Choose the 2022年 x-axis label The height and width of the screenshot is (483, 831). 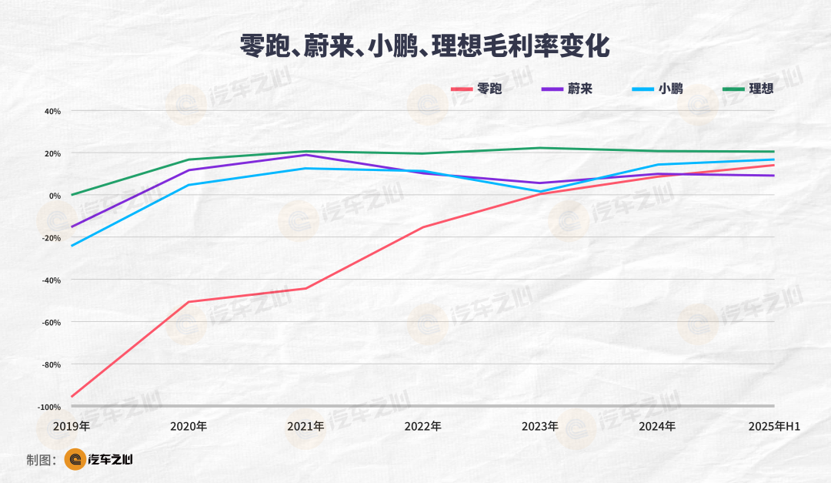[x=422, y=426]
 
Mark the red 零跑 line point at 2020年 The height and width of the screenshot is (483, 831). [x=189, y=302]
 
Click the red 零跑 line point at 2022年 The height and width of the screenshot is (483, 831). [x=422, y=227]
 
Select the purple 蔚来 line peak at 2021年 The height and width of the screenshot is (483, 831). [x=305, y=155]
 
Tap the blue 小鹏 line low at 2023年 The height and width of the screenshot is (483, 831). [x=540, y=191]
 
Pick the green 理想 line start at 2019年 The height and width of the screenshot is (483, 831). [x=72, y=195]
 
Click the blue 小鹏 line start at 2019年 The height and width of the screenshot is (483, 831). [x=72, y=246]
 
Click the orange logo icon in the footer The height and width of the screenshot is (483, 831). [x=75, y=460]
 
